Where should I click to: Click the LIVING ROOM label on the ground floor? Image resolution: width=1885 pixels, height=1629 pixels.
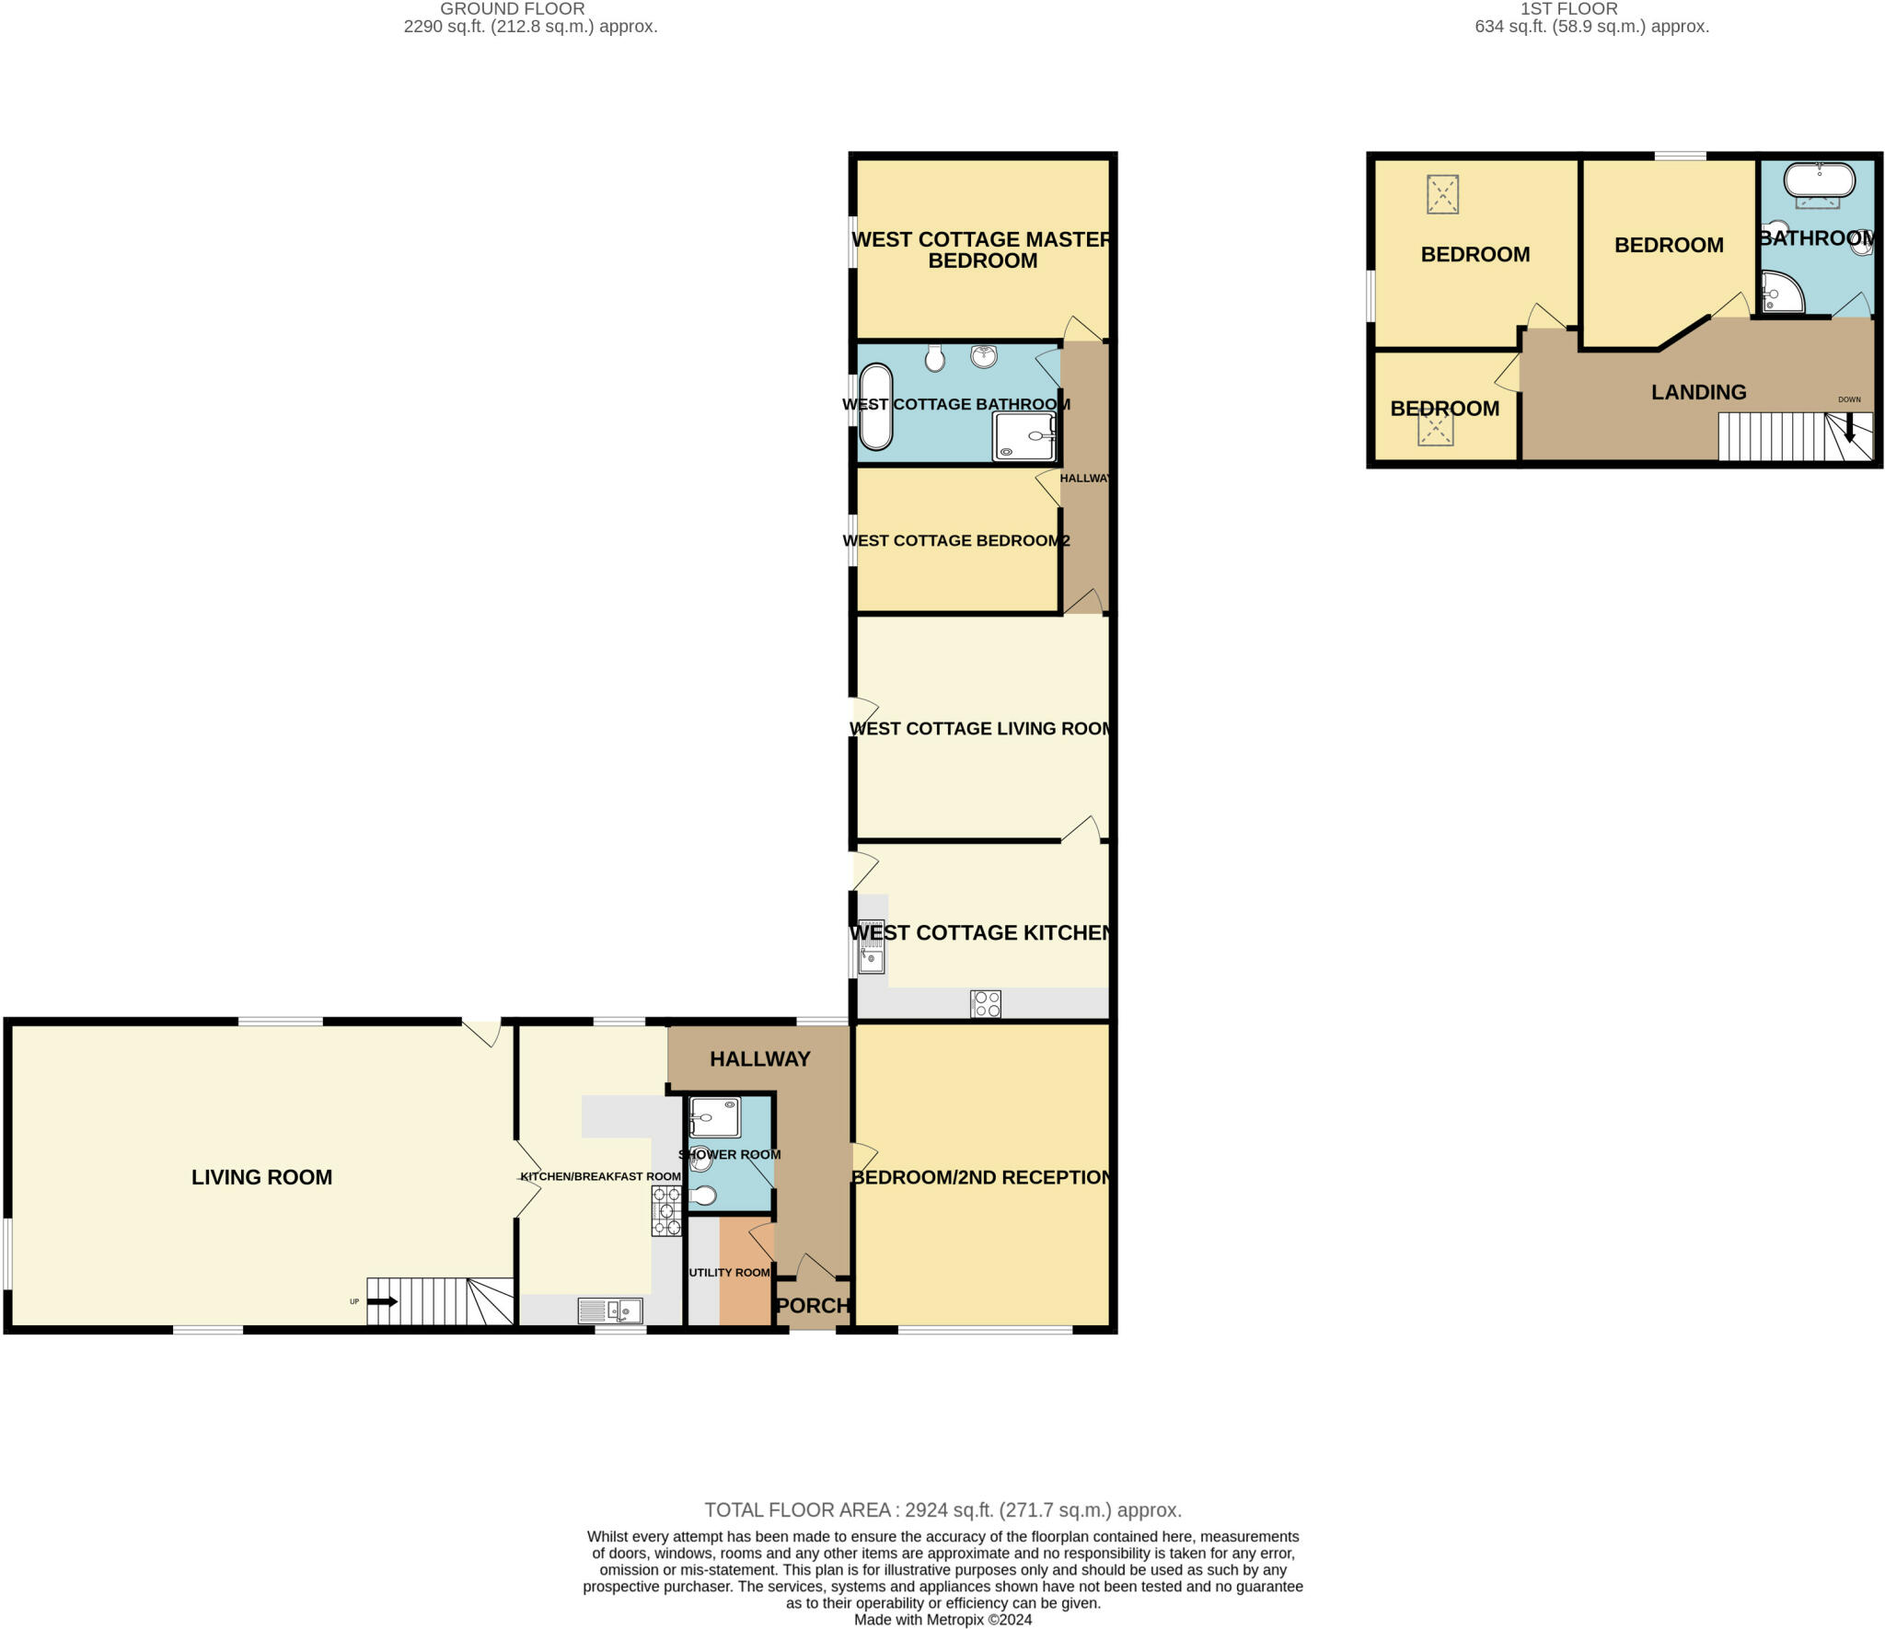click(x=261, y=1177)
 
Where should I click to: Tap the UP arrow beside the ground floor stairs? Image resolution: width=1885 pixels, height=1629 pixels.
click(x=383, y=1301)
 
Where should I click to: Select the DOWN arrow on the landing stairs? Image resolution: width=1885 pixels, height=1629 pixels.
click(x=1849, y=427)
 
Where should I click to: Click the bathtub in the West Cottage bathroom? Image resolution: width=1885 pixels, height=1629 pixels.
click(x=875, y=408)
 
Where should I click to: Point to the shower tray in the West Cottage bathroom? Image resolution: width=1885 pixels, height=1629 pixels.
click(x=1023, y=436)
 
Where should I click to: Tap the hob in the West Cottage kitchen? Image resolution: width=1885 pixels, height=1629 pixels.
click(x=985, y=1003)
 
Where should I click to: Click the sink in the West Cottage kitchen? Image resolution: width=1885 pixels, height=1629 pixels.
click(x=871, y=947)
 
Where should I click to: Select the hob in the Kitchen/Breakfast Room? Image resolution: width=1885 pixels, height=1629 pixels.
click(x=666, y=1210)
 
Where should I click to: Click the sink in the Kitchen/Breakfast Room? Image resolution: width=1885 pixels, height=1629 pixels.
click(x=610, y=1310)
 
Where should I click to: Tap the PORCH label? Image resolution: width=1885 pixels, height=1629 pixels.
click(x=813, y=1305)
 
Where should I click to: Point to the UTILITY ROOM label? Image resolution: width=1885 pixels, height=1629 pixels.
click(x=729, y=1272)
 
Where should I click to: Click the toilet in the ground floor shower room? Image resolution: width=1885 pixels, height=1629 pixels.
click(x=704, y=1196)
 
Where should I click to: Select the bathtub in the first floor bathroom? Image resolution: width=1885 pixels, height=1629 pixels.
click(x=1819, y=179)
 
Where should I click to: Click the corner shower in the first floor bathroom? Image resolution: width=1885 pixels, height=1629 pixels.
click(x=1780, y=293)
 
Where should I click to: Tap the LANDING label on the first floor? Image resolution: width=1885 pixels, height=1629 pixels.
click(x=1698, y=392)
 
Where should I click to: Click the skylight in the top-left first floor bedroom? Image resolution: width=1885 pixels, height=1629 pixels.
click(x=1442, y=194)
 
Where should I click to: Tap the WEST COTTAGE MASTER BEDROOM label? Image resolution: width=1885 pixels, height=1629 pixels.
click(x=982, y=249)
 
